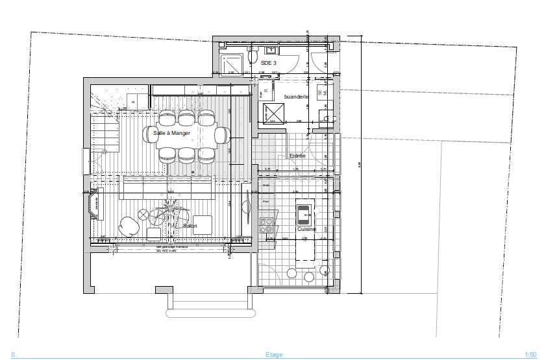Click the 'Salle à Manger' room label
(x=171, y=133)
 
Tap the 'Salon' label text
(x=190, y=226)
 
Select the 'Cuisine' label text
(x=306, y=230)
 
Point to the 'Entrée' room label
(x=297, y=156)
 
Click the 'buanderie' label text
(x=297, y=97)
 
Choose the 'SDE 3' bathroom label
(x=269, y=62)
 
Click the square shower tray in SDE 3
(x=232, y=64)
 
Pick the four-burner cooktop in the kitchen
(x=266, y=225)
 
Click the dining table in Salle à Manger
(x=186, y=136)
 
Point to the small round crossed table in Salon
(x=143, y=215)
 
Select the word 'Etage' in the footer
(x=274, y=355)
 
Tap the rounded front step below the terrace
(x=211, y=313)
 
